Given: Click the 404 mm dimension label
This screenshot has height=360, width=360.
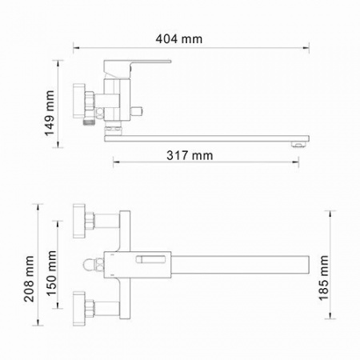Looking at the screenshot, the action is (179, 39).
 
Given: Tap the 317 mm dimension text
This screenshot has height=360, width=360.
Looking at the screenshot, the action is (190, 155).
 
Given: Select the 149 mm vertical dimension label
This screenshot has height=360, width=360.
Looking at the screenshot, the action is (50, 114).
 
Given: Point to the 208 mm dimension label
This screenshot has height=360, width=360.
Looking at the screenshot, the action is (29, 278).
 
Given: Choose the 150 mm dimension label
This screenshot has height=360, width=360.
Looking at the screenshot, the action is (51, 274).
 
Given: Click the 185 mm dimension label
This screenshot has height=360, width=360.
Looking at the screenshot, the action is (323, 278).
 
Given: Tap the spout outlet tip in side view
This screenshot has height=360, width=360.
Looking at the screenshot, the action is (299, 144).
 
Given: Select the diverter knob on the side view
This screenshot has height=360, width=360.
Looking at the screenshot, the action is (136, 112).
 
